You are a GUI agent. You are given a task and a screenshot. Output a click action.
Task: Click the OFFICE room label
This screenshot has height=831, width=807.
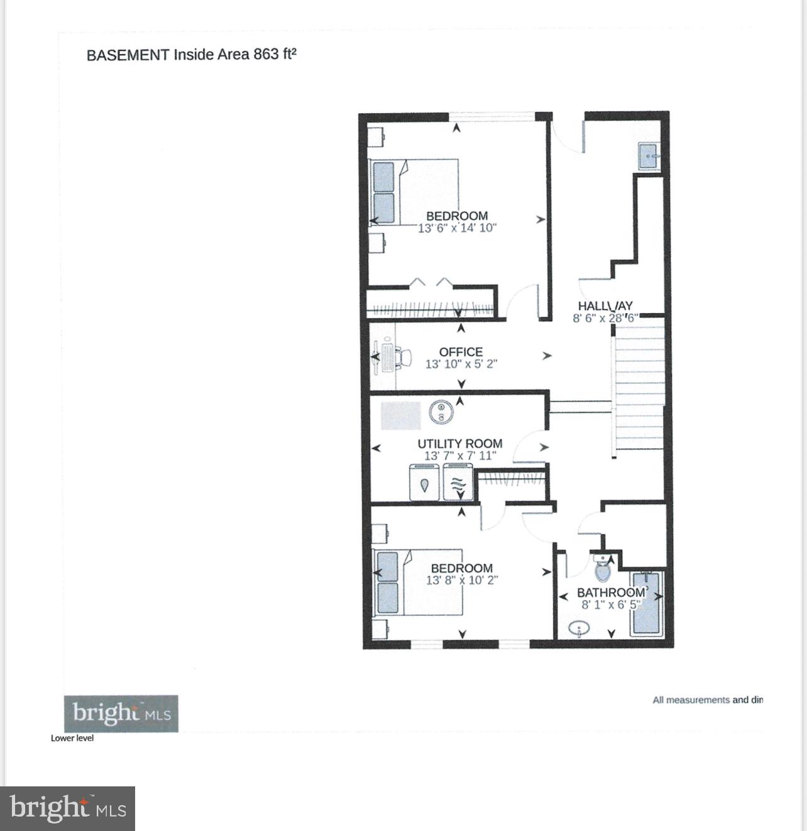461,352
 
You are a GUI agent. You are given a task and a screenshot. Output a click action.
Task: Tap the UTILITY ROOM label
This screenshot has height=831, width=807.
459,444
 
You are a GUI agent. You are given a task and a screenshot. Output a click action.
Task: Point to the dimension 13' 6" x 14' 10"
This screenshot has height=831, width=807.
457,228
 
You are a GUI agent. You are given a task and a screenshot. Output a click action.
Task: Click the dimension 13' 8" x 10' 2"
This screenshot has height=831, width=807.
461,580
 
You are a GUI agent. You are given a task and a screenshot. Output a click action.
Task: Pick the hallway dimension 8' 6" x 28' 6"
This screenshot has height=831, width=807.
605,318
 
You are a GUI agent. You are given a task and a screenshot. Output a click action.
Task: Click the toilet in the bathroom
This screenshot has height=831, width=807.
602,568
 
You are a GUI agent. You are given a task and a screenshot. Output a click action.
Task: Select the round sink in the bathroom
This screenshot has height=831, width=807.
578,628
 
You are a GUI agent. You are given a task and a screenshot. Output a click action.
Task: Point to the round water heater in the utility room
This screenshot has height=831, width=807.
441,412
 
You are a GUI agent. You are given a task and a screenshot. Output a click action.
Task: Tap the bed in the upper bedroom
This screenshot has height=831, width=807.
415,192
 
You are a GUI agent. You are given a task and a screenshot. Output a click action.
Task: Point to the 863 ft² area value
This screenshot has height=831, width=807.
275,55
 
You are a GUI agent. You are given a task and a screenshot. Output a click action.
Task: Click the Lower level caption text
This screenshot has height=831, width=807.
72,738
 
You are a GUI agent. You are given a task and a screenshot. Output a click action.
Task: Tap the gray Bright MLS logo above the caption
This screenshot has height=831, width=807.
121,713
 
